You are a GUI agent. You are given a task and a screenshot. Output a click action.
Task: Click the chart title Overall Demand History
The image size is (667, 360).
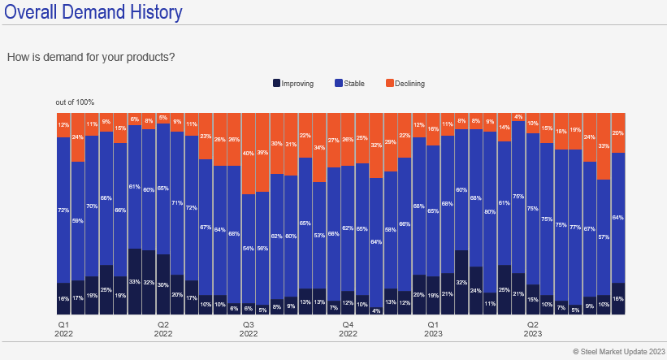[x=93, y=13]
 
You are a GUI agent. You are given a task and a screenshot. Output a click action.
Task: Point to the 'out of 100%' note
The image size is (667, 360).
[x=75, y=102]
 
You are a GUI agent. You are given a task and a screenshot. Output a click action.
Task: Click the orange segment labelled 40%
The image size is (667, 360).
[x=248, y=153]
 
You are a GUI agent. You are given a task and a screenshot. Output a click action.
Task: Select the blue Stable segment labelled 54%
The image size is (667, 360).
[x=248, y=248]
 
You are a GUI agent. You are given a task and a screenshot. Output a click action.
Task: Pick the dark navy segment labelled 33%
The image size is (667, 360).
[x=134, y=282]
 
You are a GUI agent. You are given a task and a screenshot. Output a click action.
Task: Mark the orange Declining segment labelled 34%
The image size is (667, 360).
[x=319, y=147]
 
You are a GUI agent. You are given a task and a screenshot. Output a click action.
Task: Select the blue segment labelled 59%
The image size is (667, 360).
[x=77, y=220]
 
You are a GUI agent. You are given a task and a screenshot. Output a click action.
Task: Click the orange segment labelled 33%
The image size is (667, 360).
[x=604, y=146]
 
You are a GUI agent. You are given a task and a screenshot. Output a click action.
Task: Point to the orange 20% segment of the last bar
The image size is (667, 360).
[x=617, y=132]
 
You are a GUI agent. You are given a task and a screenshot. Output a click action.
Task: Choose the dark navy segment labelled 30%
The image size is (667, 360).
[x=162, y=284]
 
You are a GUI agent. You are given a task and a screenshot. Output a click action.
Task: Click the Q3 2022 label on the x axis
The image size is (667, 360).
[x=249, y=328]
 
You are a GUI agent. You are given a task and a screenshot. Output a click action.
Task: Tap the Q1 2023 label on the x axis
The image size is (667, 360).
[x=433, y=328]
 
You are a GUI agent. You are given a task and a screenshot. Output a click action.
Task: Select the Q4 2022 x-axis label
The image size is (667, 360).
[x=348, y=328]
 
